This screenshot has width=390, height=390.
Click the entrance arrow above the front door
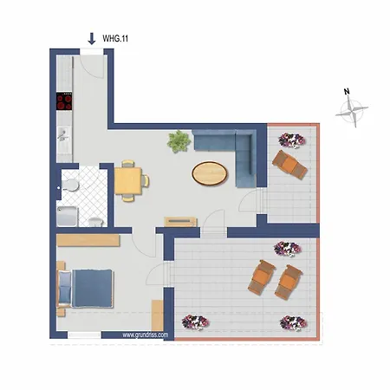(x=92, y=38)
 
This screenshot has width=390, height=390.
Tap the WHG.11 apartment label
(x=116, y=39)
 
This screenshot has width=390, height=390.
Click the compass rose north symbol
(x=352, y=109)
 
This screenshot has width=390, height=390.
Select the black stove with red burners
(x=64, y=101)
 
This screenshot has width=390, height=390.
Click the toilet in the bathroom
(x=74, y=183)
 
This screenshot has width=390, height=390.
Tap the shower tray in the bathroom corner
(x=68, y=214)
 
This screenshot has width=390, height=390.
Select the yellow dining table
(x=128, y=180)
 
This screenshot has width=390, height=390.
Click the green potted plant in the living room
(x=179, y=140)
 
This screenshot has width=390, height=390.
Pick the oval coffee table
(x=211, y=173)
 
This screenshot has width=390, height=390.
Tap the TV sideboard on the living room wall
(x=181, y=221)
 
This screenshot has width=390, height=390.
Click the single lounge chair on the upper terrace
(x=289, y=164)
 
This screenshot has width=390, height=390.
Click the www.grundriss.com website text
(x=146, y=334)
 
